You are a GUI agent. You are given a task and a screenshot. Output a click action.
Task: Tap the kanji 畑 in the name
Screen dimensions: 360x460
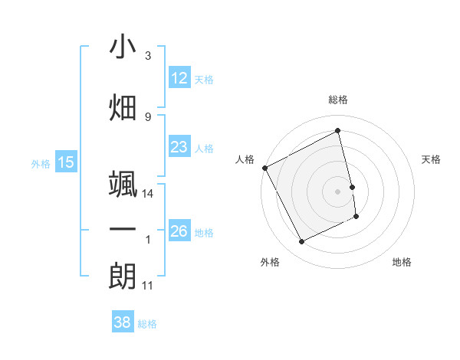tap(123, 107)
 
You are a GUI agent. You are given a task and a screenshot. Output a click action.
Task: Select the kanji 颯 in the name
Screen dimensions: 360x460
tap(123, 185)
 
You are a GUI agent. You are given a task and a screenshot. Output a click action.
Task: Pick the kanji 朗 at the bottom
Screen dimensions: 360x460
tap(123, 276)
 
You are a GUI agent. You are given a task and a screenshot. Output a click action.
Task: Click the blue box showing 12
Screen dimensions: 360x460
tap(179, 78)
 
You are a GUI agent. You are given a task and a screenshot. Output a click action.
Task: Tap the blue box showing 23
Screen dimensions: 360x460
tap(179, 147)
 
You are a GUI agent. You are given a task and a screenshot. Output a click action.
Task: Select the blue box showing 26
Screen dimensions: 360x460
tap(179, 231)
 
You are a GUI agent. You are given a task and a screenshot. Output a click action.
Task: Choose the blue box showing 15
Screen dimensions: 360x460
tap(65, 162)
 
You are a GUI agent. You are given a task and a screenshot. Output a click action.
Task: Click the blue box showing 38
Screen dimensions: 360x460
tap(123, 323)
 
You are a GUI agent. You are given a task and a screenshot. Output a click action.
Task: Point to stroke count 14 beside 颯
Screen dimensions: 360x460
tap(148, 193)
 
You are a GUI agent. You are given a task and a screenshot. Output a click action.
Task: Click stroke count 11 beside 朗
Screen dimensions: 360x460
tap(148, 286)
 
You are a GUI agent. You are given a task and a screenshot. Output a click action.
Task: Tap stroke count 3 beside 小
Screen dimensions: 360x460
tap(148, 55)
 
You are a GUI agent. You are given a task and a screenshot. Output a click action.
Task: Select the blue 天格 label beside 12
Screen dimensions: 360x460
tap(204, 79)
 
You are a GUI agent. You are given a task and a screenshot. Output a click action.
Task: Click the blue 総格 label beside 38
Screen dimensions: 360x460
tap(147, 324)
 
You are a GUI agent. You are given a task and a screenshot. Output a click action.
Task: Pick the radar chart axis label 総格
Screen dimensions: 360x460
tap(338, 100)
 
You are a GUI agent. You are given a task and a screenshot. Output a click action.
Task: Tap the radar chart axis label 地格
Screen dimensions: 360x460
tap(402, 262)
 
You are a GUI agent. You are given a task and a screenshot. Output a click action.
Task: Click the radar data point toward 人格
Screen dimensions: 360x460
tap(264, 167)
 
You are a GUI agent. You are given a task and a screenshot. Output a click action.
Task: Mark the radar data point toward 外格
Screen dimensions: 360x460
tap(301, 242)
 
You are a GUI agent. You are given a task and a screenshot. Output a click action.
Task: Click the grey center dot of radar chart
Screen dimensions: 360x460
tap(338, 191)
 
